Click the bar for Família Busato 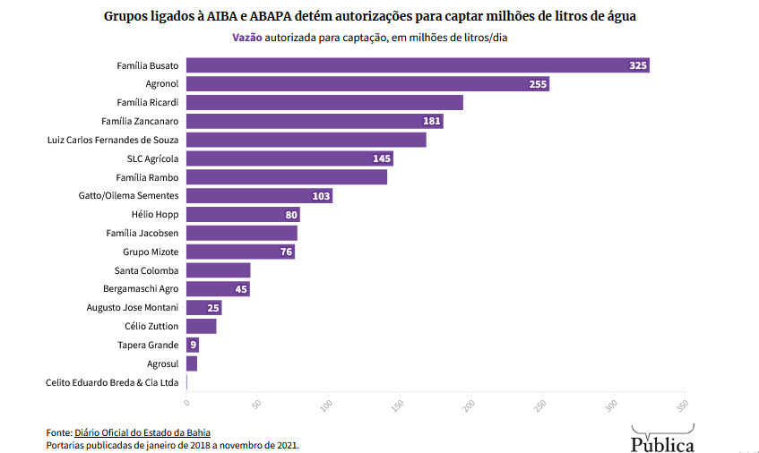pyautogui.click(x=417, y=65)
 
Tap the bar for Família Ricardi pyautogui.click(x=324, y=103)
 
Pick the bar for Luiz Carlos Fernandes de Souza pyautogui.click(x=306, y=140)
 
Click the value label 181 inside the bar pyautogui.click(x=431, y=122)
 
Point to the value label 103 pyautogui.click(x=321, y=196)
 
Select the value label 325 pyautogui.click(x=638, y=66)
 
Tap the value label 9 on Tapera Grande pyautogui.click(x=193, y=346)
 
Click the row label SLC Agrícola pyautogui.click(x=152, y=158)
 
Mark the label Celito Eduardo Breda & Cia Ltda pyautogui.click(x=112, y=382)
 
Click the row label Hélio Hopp pyautogui.click(x=155, y=215)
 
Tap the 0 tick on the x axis pyautogui.click(x=185, y=403)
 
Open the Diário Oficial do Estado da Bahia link pyautogui.click(x=142, y=432)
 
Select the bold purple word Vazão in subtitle pyautogui.click(x=247, y=38)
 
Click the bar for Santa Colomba pyautogui.click(x=218, y=270)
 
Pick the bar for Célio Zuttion pyautogui.click(x=201, y=327)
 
